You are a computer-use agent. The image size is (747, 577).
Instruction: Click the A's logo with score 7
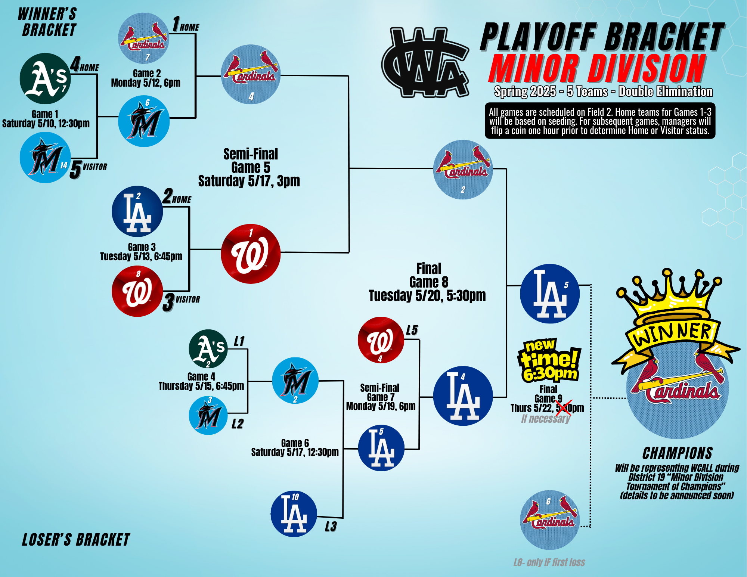[45, 78]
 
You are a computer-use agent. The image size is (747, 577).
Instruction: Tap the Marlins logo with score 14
[45, 157]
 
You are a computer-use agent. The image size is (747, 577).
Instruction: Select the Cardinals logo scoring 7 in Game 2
[144, 38]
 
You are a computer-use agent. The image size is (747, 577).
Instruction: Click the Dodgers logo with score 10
[294, 514]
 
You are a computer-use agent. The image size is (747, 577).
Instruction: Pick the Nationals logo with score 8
[137, 291]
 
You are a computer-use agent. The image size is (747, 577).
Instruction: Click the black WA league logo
[425, 62]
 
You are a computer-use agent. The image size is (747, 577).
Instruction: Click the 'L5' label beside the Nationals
[412, 330]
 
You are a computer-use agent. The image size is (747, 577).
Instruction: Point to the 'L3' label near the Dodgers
[331, 527]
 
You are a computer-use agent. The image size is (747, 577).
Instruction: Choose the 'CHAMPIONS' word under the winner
[678, 453]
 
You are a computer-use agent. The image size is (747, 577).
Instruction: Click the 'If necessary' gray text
[546, 419]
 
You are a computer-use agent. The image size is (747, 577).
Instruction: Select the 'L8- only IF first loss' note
[549, 562]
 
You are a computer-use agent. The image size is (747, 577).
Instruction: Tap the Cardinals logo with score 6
[550, 520]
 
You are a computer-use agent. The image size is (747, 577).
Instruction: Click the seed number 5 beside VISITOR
[75, 170]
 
